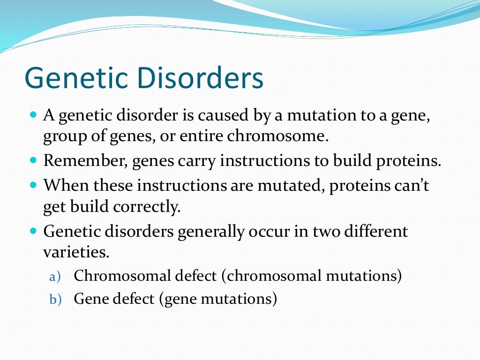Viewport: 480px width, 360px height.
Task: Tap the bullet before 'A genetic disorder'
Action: tap(33, 114)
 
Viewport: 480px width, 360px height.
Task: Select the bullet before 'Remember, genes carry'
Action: tap(33, 160)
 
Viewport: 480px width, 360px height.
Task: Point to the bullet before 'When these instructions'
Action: tap(33, 184)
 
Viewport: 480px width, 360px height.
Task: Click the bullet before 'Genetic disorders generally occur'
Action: tap(33, 231)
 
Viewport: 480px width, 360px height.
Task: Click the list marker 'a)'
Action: tap(55, 277)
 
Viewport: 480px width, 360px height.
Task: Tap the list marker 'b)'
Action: tap(55, 300)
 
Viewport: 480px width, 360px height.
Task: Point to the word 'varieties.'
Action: tap(76, 253)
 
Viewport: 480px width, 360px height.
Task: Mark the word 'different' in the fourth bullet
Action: tap(374, 231)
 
